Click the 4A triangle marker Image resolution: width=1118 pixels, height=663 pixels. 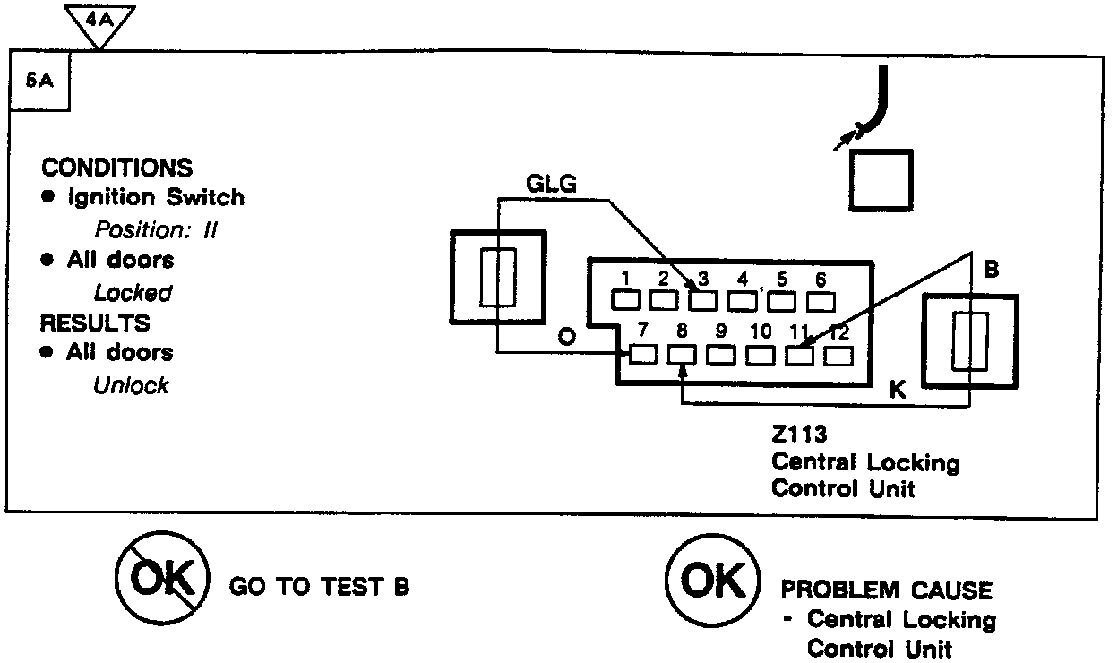(x=100, y=21)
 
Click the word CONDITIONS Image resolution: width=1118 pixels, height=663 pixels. (x=116, y=168)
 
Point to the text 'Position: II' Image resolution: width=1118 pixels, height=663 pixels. (x=157, y=229)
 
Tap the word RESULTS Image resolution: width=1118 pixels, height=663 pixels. (x=96, y=323)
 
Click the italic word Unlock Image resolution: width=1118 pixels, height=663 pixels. (x=131, y=386)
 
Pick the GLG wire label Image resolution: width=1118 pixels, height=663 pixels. (x=550, y=184)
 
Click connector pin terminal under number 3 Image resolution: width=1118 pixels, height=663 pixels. (x=702, y=300)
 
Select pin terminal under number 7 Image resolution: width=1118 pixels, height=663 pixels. (x=643, y=355)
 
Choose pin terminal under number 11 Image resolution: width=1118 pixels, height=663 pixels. (x=800, y=355)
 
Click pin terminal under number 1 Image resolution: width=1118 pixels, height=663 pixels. (x=624, y=300)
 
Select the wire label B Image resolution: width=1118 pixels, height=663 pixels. (x=991, y=269)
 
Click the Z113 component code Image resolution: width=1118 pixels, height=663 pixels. (x=799, y=435)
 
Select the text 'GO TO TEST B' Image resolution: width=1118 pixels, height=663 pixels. (x=320, y=588)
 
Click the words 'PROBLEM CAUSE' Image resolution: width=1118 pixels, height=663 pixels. (x=887, y=590)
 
